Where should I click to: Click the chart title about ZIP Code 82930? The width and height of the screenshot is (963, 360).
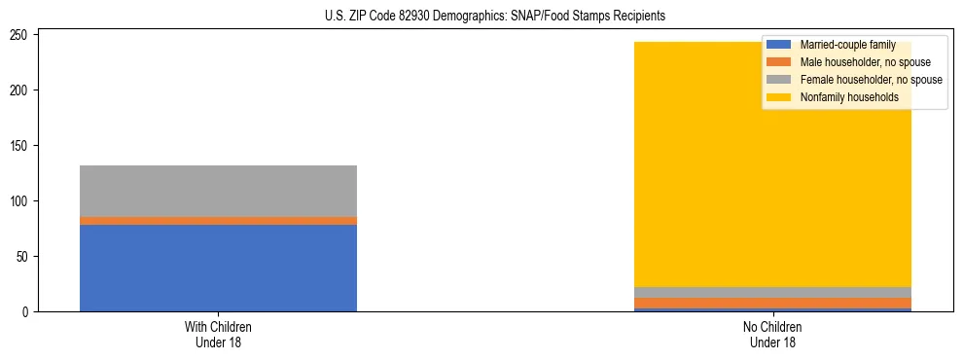click(x=495, y=17)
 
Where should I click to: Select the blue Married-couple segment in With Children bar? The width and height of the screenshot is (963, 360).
click(x=218, y=268)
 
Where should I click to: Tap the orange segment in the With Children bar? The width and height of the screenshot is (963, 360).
click(x=218, y=221)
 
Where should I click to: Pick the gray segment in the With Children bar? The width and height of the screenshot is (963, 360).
click(x=218, y=191)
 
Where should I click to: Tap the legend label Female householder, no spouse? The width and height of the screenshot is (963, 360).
click(x=871, y=80)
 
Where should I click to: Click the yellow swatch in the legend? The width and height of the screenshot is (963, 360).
click(x=779, y=97)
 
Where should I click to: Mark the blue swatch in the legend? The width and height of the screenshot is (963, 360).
click(x=779, y=45)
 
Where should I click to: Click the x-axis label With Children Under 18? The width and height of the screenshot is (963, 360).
click(x=218, y=334)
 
